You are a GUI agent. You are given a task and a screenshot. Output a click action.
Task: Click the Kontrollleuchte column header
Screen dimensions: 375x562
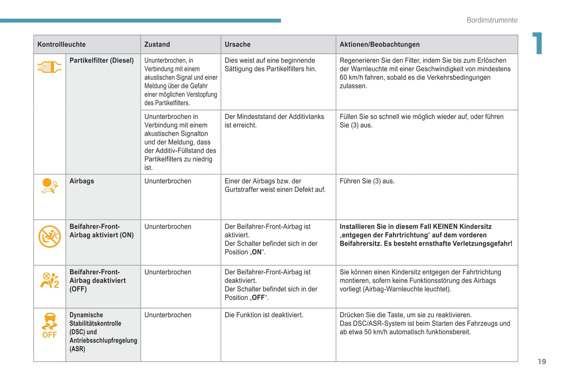tap(61, 44)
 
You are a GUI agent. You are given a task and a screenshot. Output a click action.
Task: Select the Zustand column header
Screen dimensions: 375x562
tap(157, 44)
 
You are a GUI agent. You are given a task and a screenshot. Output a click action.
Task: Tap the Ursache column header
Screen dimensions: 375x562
tap(238, 44)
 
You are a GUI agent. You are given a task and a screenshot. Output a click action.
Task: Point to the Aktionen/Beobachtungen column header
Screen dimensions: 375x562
tap(380, 44)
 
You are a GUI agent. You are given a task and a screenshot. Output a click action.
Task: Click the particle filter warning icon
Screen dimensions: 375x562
tap(49, 67)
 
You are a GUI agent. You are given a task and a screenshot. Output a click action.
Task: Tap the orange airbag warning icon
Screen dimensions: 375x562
tap(49, 186)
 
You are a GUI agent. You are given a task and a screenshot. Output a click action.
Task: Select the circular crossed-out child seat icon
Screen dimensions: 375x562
tap(49, 236)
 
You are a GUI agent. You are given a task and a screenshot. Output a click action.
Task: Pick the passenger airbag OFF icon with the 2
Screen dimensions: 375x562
tap(49, 280)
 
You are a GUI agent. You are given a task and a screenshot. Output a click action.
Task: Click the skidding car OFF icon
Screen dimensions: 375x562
tap(49, 326)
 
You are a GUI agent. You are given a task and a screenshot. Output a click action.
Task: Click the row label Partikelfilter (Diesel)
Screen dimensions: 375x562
tap(102, 60)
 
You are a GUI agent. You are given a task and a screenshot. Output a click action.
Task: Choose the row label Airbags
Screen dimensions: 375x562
tap(82, 181)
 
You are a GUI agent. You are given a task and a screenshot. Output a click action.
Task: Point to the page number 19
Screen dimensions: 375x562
tap(542, 362)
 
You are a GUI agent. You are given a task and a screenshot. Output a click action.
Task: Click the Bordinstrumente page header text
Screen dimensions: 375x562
tap(492, 20)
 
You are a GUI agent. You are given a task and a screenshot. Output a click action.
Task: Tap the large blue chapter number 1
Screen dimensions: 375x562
tap(537, 43)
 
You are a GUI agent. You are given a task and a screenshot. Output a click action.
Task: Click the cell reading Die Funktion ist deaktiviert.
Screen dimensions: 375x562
tap(264, 315)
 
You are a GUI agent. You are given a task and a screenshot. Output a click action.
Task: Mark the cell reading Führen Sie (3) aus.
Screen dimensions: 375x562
tap(367, 181)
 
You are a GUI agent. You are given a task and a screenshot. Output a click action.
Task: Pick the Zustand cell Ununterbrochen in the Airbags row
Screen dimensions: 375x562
tap(168, 181)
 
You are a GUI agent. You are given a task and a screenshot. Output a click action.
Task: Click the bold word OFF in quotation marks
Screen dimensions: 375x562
tap(258, 298)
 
